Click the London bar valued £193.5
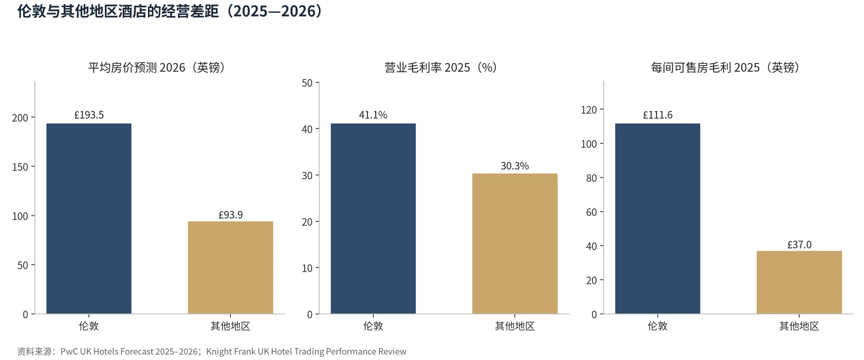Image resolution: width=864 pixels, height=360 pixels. pyautogui.click(x=89, y=219)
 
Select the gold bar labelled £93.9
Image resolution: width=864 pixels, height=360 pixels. pyautogui.click(x=231, y=268)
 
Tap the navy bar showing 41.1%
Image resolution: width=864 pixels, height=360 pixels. pyautogui.click(x=373, y=219)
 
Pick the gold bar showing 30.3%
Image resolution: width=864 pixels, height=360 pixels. pyautogui.click(x=515, y=243)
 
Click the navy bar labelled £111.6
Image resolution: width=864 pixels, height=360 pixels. pyautogui.click(x=657, y=219)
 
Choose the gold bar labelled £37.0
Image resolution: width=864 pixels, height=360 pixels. pyautogui.click(x=799, y=282)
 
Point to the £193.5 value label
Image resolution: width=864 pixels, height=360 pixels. pyautogui.click(x=89, y=115)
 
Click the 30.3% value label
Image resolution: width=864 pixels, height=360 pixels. pyautogui.click(x=515, y=166)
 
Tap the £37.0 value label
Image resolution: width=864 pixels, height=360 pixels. pyautogui.click(x=799, y=244)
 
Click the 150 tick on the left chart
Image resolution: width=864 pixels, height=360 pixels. pyautogui.click(x=20, y=167)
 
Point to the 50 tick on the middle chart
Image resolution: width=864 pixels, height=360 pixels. pyautogui.click(x=307, y=83)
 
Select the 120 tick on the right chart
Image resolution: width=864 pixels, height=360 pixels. pyautogui.click(x=589, y=110)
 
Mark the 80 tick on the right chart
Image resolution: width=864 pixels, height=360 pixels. pyautogui.click(x=591, y=178)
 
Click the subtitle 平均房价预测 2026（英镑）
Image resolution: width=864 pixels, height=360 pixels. pyautogui.click(x=156, y=67)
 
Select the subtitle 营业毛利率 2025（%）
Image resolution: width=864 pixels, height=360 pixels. pyautogui.click(x=441, y=67)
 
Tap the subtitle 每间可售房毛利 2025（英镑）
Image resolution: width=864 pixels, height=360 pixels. pyautogui.click(x=725, y=67)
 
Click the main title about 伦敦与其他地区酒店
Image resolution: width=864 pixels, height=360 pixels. pyautogui.click(x=170, y=11)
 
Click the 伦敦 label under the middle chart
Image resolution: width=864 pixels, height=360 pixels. pyautogui.click(x=373, y=326)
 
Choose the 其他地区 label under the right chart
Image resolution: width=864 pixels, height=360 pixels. pyautogui.click(x=799, y=326)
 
